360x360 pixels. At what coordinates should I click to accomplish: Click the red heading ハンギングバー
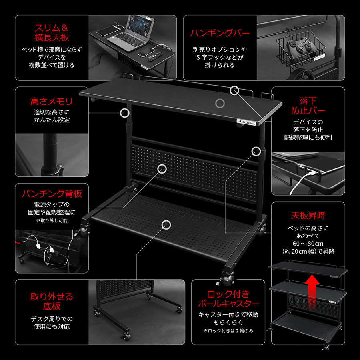(220, 33)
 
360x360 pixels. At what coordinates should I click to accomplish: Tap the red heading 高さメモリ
(52, 102)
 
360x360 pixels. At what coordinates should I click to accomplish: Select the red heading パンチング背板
(52, 194)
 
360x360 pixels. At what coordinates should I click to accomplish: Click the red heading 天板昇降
(308, 216)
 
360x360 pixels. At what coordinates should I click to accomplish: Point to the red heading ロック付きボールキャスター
(228, 299)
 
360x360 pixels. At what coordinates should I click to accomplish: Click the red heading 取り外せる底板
(52, 302)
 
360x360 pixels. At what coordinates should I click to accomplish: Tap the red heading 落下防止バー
(308, 106)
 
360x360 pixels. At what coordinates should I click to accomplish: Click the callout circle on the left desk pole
(125, 113)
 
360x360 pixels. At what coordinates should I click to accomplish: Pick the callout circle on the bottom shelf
(166, 225)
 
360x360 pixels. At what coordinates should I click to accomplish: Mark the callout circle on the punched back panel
(162, 169)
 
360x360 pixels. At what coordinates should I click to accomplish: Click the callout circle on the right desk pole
(256, 152)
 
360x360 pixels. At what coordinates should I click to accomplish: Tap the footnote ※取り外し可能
(52, 221)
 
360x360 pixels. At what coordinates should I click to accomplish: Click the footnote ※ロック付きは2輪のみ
(228, 331)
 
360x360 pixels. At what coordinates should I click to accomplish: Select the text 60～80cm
(308, 244)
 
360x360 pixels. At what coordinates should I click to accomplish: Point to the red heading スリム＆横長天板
(52, 33)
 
